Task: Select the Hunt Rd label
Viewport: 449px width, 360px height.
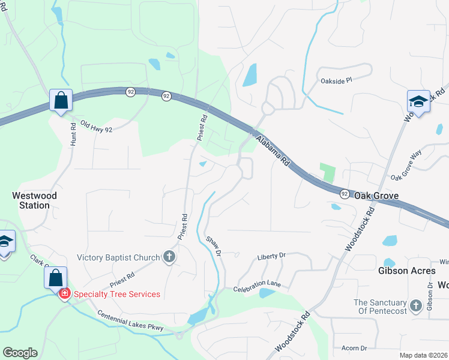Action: tap(73, 135)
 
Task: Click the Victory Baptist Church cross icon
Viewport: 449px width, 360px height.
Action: tap(169, 257)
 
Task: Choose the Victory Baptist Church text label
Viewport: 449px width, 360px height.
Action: tap(118, 258)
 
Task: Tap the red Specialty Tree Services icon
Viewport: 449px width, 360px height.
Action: tap(64, 294)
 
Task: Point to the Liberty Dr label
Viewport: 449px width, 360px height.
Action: tap(271, 256)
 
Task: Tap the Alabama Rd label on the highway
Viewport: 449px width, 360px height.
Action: tap(273, 151)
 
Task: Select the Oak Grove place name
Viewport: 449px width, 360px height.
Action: tap(376, 196)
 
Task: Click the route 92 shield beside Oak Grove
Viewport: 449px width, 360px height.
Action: tap(345, 194)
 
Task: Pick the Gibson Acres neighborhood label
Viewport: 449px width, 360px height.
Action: tap(406, 271)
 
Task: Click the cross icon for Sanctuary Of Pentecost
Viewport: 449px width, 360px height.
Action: tap(415, 308)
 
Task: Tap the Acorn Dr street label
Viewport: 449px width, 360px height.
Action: tap(354, 348)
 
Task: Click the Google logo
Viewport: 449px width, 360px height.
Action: tap(20, 353)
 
